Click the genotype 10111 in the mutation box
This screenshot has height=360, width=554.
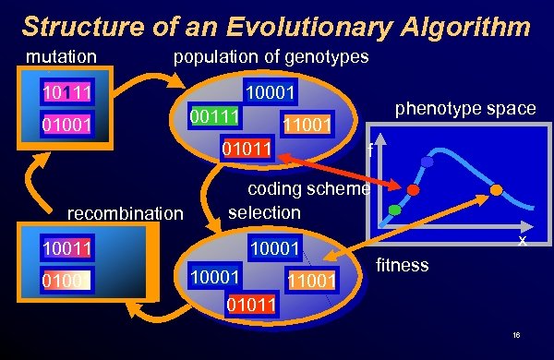[x=65, y=92]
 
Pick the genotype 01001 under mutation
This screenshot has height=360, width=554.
[x=65, y=124]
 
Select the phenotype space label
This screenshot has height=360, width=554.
[x=465, y=109]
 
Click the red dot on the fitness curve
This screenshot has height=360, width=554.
[x=414, y=189]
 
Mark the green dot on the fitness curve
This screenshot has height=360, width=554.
[x=395, y=210]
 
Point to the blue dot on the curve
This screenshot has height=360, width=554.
[x=427, y=162]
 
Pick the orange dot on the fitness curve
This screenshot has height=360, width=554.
[x=496, y=190]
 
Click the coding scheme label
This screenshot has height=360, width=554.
[x=309, y=190]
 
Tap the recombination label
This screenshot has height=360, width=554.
[x=125, y=214]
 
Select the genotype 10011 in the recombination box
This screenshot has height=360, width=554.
[x=65, y=247]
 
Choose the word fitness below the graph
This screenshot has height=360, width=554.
[x=403, y=265]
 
